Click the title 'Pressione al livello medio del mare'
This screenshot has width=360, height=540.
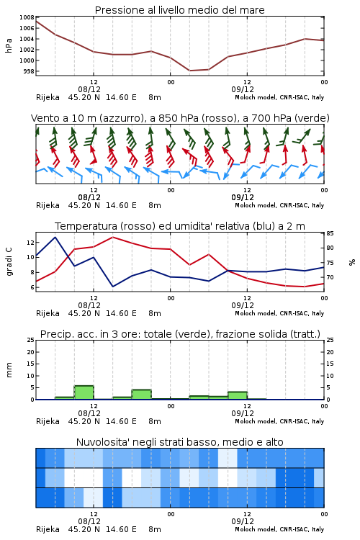[179, 10]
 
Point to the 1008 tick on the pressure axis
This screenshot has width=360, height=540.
[27, 17]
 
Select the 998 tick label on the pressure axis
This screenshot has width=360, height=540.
[28, 71]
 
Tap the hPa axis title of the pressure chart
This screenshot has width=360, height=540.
[9, 45]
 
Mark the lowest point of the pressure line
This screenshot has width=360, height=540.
[190, 71]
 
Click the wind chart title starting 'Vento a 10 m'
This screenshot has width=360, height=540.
[180, 118]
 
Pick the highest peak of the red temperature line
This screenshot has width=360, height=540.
[112, 237]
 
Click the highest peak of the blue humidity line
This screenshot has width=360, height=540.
[55, 237]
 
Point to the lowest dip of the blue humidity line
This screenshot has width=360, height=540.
[112, 286]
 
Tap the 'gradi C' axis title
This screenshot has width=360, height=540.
[9, 262]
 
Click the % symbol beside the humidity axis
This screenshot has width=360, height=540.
[352, 262]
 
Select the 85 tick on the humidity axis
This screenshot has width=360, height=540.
[330, 233]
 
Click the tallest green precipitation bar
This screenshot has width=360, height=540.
[84, 392]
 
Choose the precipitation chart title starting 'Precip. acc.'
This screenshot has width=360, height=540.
[180, 334]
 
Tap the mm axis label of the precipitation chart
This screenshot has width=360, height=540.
[9, 370]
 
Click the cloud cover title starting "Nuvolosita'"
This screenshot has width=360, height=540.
[179, 442]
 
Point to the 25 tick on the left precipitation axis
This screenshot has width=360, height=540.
[30, 340]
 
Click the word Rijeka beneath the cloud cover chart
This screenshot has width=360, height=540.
[48, 529]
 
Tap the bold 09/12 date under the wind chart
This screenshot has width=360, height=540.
[243, 197]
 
